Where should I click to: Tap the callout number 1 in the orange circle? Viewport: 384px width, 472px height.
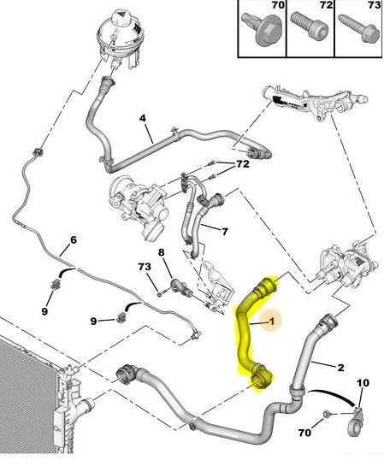[272, 322]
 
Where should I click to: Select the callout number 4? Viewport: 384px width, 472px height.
[143, 118]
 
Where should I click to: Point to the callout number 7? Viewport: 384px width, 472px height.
[225, 232]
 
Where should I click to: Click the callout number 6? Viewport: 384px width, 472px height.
[74, 240]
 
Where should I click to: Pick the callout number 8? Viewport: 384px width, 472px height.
[162, 252]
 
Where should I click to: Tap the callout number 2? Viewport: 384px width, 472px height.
[340, 368]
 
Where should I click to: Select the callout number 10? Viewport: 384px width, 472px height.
[363, 383]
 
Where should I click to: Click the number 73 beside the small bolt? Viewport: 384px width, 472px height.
[145, 267]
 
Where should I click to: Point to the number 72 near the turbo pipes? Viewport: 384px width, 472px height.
[243, 164]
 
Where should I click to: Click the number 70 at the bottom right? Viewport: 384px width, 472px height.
[304, 433]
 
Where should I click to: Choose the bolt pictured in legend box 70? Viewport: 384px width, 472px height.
[262, 29]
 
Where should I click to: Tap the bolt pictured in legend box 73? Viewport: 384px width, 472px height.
[359, 28]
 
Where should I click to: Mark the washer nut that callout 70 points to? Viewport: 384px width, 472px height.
[326, 414]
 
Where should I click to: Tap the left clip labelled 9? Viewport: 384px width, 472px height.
[56, 284]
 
